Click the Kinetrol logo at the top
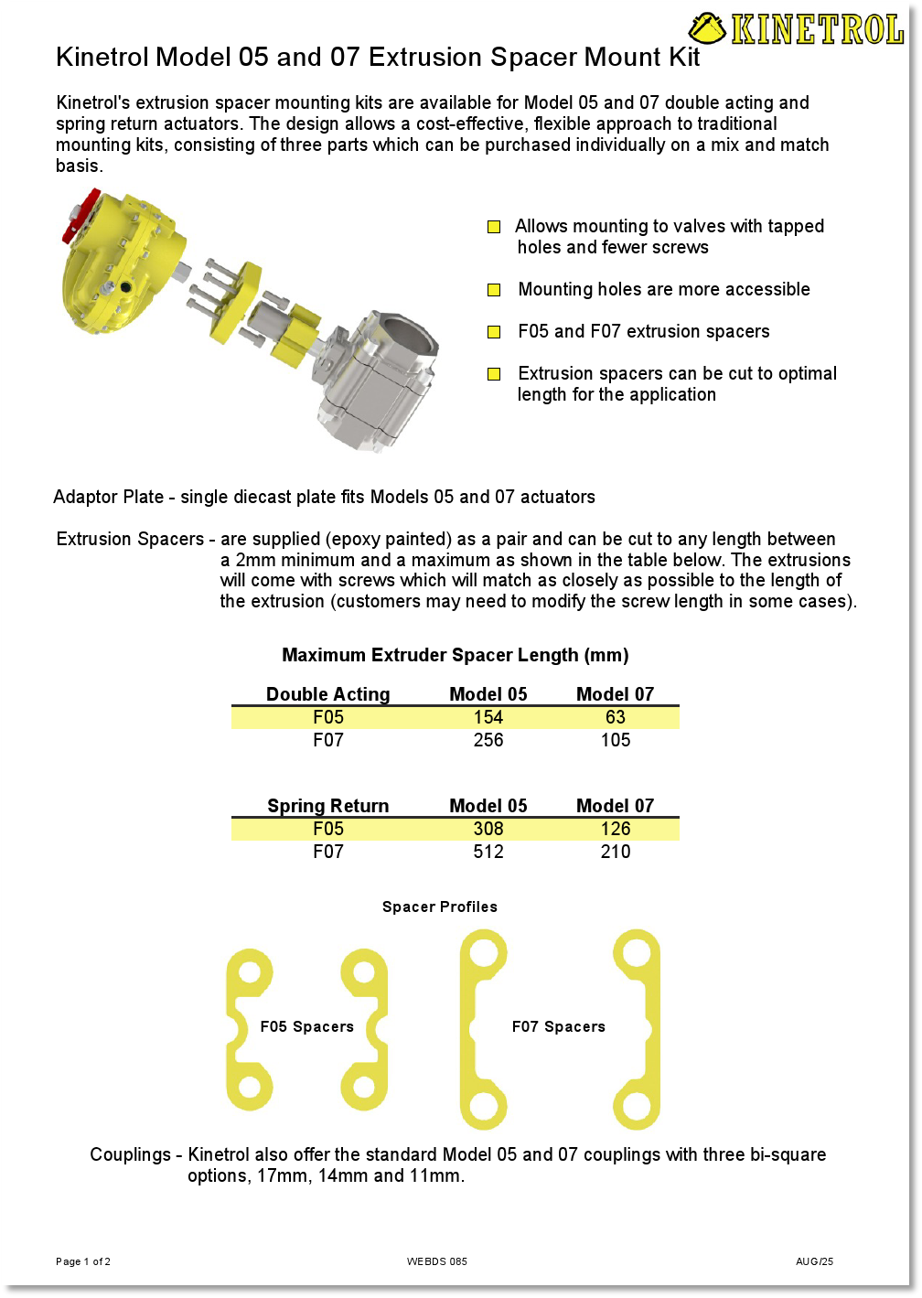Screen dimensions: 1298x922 [x=796, y=29]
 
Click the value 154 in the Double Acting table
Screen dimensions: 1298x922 [x=488, y=717]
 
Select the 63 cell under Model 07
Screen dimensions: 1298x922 [x=616, y=717]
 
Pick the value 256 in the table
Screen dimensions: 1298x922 [x=488, y=740]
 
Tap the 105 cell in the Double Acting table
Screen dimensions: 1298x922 [x=616, y=740]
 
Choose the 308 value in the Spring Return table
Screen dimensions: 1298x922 [x=488, y=829]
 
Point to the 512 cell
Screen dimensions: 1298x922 [x=488, y=852]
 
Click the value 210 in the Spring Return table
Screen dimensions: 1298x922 [x=616, y=852]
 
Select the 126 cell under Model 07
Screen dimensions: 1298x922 [x=616, y=829]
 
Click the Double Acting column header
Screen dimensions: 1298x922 [x=327, y=694]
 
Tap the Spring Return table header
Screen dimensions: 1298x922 [x=327, y=806]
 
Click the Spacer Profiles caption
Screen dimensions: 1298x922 [x=440, y=906]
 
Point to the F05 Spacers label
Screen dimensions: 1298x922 [x=307, y=1026]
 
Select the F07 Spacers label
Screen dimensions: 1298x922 [x=559, y=1026]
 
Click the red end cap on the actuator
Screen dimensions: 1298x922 [x=80, y=216]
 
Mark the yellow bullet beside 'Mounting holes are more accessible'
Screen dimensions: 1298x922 [x=494, y=290]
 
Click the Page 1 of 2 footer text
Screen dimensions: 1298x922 [x=83, y=1261]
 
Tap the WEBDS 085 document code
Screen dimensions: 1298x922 [x=437, y=1261]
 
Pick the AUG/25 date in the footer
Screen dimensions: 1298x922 [x=814, y=1261]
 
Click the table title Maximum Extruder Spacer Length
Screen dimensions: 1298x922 [x=456, y=655]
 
